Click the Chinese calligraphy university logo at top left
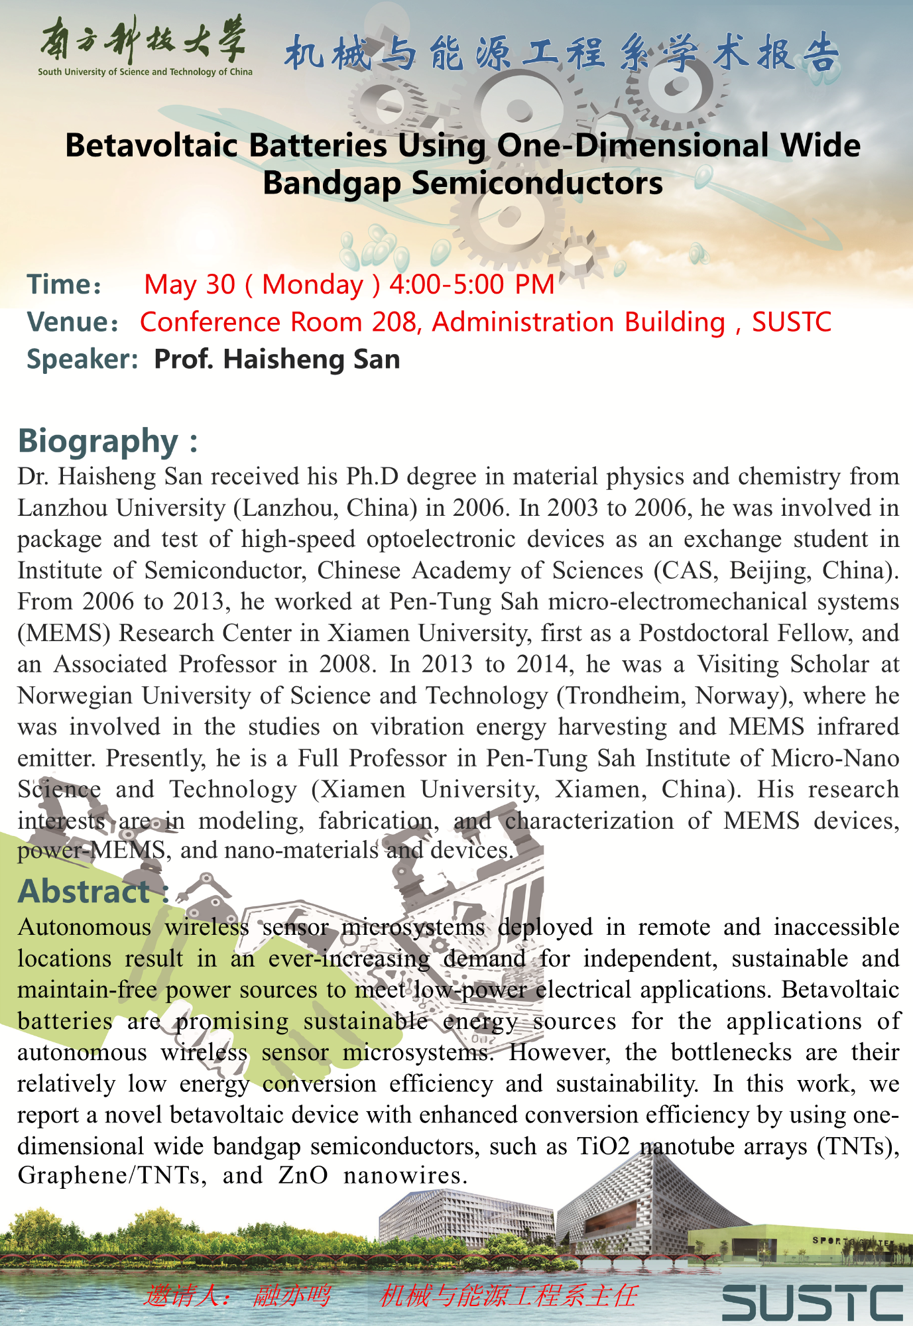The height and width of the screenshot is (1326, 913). click(x=143, y=39)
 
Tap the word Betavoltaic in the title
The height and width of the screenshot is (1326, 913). click(x=152, y=146)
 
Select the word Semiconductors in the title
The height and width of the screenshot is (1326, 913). click(x=537, y=184)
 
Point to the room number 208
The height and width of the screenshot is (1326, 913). click(x=395, y=322)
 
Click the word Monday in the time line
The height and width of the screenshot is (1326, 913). click(x=312, y=284)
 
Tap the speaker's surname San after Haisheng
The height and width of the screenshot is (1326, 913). click(x=380, y=359)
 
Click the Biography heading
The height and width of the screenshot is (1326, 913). click(x=98, y=441)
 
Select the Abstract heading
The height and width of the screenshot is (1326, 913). click(x=84, y=891)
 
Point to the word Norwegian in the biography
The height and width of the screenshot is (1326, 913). click(x=76, y=695)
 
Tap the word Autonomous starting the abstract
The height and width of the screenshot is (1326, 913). click(x=84, y=927)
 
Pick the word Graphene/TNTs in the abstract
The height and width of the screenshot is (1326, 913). click(x=109, y=1175)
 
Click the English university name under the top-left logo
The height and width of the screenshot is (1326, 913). click(x=145, y=72)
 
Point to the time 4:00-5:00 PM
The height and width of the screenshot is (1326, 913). click(x=471, y=284)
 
